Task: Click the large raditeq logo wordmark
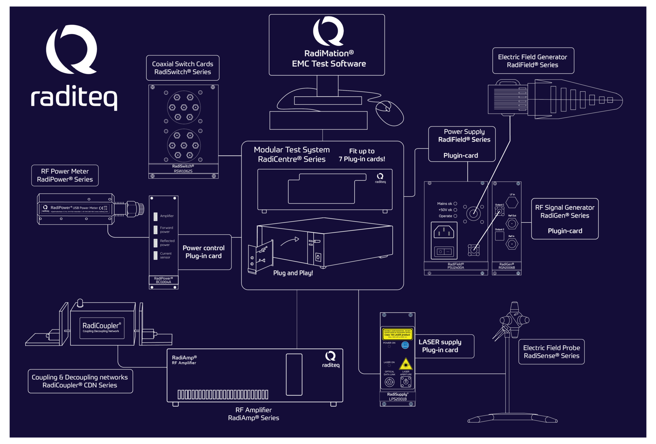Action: (74, 97)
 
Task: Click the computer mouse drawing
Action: (389, 113)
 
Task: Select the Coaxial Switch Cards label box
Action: (183, 68)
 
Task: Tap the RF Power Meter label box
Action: (65, 175)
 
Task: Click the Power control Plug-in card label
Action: (204, 252)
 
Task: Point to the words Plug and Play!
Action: (293, 273)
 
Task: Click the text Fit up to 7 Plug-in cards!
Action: (362, 155)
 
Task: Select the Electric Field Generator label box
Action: (533, 61)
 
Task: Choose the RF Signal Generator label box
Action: (565, 219)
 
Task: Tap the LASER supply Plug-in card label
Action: (440, 346)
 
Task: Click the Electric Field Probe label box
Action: (551, 352)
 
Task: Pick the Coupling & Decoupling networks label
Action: (80, 381)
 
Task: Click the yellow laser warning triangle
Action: (406, 364)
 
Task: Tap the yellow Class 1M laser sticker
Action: (397, 334)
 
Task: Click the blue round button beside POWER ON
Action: (405, 345)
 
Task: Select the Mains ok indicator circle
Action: (455, 204)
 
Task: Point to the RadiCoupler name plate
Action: (102, 328)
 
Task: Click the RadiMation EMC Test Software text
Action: (329, 59)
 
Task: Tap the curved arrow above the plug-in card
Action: (290, 242)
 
